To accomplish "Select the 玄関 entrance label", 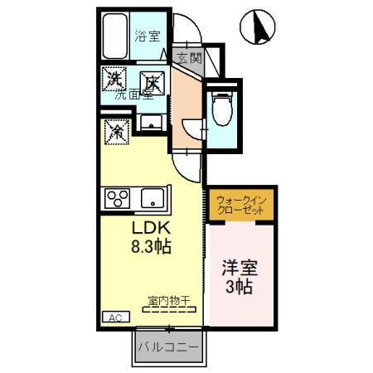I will [x=189, y=58].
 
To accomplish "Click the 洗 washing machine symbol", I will [x=114, y=80].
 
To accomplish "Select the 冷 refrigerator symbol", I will [x=117, y=131].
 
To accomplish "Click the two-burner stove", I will [x=116, y=197].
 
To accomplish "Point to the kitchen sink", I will [x=151, y=197].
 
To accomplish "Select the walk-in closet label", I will [x=240, y=205].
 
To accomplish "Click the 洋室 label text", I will [x=238, y=269].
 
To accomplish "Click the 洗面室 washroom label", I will [x=133, y=95].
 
